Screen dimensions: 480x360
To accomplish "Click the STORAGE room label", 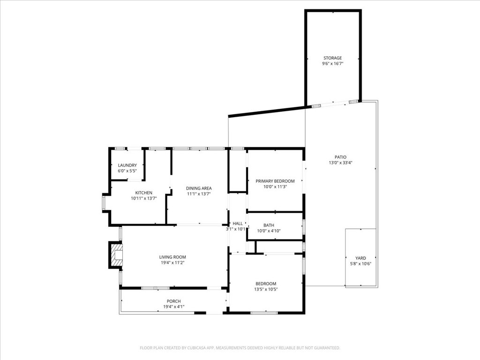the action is coord(332,58).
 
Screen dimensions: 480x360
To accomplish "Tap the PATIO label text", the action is coord(340,157).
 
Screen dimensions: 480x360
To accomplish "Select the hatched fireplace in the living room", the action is coord(116,255).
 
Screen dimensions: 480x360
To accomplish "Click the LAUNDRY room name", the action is coord(127,165).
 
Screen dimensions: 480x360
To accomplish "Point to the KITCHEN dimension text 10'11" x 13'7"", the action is coord(144,198).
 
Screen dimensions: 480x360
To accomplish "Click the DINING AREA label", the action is coord(199,188).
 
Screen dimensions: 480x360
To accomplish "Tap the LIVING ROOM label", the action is coord(172,257).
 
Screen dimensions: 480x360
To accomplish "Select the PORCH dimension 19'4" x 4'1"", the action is coord(174,307).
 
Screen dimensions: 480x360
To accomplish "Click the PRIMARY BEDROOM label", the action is coord(275,181).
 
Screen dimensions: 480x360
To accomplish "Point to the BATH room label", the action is coord(269,225).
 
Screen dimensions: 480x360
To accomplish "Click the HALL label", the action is coord(238,224).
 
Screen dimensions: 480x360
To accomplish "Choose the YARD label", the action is coord(360,258).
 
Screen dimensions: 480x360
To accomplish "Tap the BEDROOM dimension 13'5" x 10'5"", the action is coord(266,289).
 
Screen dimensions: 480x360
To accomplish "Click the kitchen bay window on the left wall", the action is coord(104,202).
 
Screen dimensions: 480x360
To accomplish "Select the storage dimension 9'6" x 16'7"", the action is coord(332,64).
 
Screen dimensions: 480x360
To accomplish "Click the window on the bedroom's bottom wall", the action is coord(264,313).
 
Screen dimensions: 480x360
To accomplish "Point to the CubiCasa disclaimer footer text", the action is coord(240,348).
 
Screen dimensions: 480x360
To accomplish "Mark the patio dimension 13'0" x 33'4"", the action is coord(340,163).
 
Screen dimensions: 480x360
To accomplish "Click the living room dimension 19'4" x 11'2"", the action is coord(172,262).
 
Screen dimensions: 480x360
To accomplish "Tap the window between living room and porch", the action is coord(156,288).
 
